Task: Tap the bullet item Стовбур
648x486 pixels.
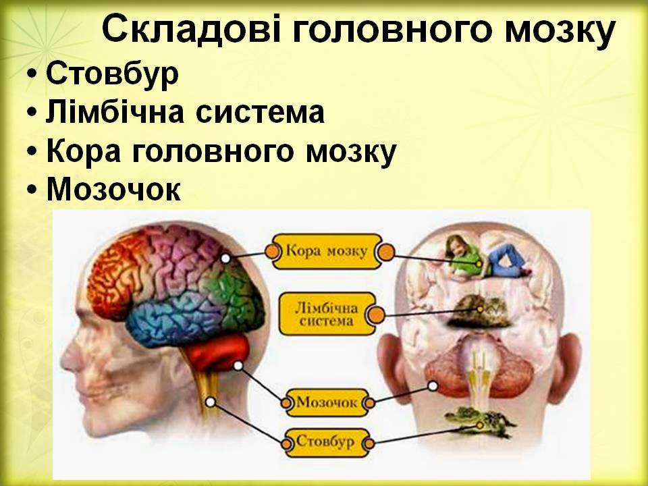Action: click(112, 74)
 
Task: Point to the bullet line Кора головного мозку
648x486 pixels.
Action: click(220, 153)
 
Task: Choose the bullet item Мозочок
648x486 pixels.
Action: click(113, 191)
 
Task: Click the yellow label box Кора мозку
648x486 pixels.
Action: click(327, 252)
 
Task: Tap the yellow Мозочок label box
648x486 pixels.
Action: click(327, 403)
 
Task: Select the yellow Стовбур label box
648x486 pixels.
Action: click(326, 442)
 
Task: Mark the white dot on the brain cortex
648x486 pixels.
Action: click(225, 259)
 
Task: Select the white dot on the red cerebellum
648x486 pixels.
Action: click(238, 365)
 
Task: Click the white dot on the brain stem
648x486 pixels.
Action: click(210, 402)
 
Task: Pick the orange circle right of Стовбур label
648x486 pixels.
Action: click(368, 443)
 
